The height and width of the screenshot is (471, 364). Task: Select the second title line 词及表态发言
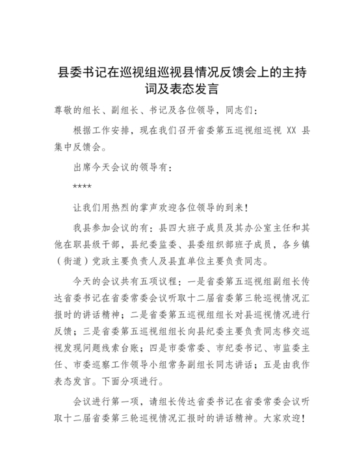pyautogui.click(x=182, y=88)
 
